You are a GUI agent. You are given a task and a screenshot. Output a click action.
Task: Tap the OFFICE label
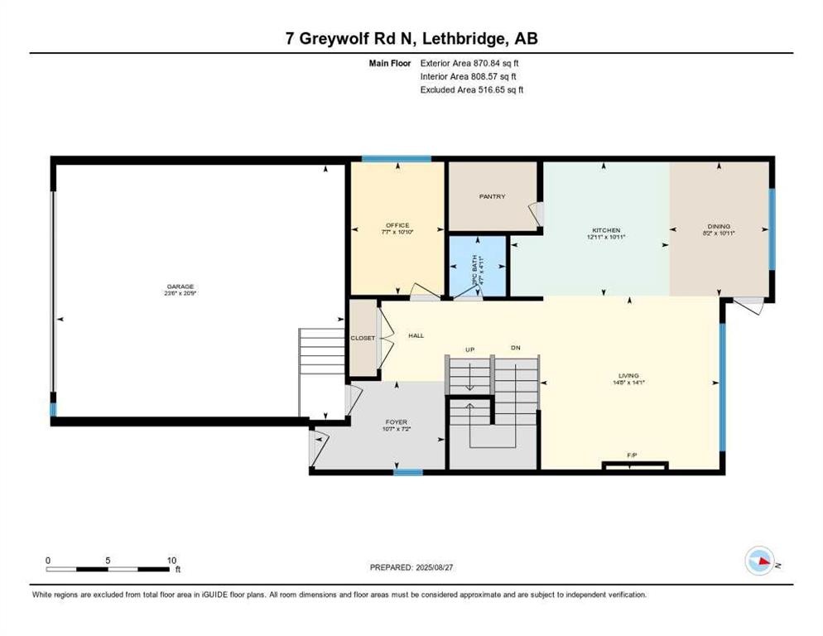pyautogui.click(x=397, y=225)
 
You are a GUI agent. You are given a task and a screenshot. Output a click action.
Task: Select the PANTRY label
pyautogui.click(x=492, y=196)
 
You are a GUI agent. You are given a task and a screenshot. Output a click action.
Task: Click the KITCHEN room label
pyautogui.click(x=605, y=230)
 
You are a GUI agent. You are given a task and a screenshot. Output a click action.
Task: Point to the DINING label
pyautogui.click(x=719, y=225)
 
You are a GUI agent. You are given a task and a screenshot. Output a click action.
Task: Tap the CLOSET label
pyautogui.click(x=363, y=338)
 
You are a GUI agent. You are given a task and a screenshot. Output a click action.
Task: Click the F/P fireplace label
pyautogui.click(x=632, y=455)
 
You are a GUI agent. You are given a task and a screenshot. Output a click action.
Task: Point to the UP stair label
pyautogui.click(x=468, y=349)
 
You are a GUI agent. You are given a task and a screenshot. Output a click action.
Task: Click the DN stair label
pyautogui.click(x=515, y=349)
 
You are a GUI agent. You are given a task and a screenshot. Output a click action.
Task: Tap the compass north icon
pyautogui.click(x=761, y=561)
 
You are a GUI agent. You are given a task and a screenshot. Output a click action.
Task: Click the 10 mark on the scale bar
pyautogui.click(x=171, y=561)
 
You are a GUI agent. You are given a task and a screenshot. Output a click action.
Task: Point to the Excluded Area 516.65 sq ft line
pyautogui.click(x=471, y=89)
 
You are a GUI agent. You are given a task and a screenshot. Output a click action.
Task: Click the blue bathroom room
pyautogui.click(x=477, y=265)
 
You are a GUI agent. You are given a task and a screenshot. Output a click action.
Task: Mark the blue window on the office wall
pyautogui.click(x=396, y=159)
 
